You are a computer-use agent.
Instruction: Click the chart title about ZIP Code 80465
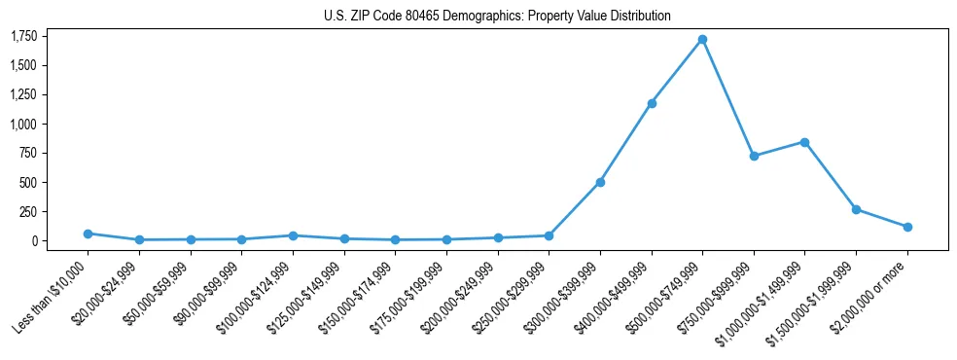click(x=497, y=17)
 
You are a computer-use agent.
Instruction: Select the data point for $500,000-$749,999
click(x=702, y=39)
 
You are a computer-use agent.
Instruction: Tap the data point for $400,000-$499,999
click(x=652, y=103)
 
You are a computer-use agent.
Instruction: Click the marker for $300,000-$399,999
click(x=600, y=182)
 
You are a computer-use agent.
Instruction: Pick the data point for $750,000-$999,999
click(x=754, y=156)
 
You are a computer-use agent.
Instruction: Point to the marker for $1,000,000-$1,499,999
click(x=804, y=142)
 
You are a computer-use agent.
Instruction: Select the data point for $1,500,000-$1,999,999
click(x=856, y=209)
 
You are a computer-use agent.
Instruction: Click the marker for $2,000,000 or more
click(x=907, y=227)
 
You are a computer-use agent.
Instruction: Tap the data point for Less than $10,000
click(x=88, y=234)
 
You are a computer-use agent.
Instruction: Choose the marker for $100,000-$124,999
click(x=293, y=235)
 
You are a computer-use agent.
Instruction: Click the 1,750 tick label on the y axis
click(x=23, y=36)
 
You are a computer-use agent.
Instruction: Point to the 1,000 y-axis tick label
click(x=23, y=124)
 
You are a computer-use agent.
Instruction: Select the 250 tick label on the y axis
click(x=27, y=211)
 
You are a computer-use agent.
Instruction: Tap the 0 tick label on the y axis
click(x=34, y=240)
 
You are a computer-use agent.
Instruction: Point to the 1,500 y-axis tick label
click(x=23, y=65)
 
